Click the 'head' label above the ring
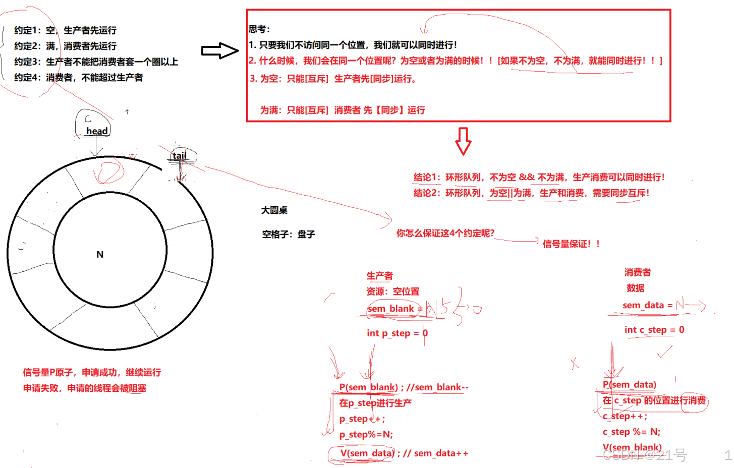97,131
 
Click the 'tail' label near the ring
179,156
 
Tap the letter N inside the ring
100,254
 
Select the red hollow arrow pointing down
463,141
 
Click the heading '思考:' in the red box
259,29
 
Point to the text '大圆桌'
274,210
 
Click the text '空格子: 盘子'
288,234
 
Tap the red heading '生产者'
379,276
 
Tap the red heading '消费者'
637,272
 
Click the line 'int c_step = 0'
654,330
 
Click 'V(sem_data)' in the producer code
367,453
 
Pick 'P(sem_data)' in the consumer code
629,384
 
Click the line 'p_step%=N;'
366,434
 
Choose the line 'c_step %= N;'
631,432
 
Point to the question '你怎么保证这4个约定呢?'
445,233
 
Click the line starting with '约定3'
96,62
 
